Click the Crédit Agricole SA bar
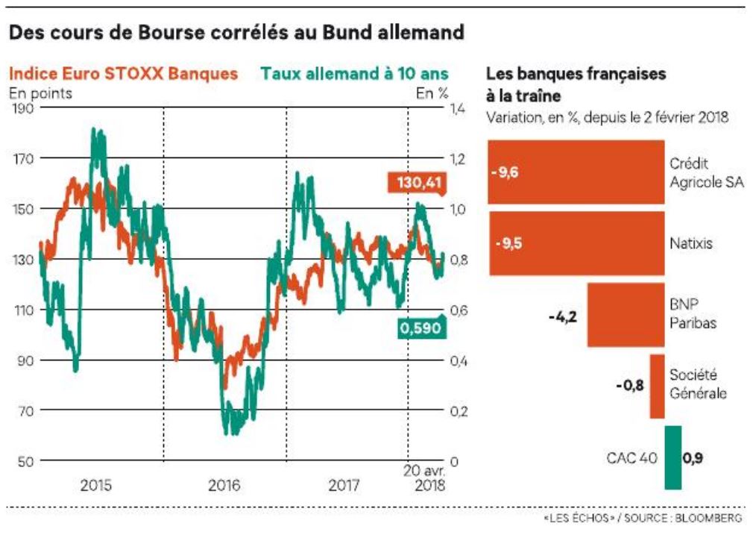pyautogui.click(x=576, y=172)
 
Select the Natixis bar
pyautogui.click(x=576, y=243)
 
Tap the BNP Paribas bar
pyautogui.click(x=626, y=315)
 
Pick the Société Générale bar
pyautogui.click(x=657, y=386)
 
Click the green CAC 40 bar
pyautogui.click(x=672, y=457)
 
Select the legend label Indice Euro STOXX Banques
pyautogui.click(x=124, y=74)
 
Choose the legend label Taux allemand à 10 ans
pyautogui.click(x=355, y=74)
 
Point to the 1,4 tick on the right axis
pyautogui.click(x=456, y=109)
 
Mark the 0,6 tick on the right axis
pyautogui.click(x=456, y=310)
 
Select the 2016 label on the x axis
pyautogui.click(x=224, y=486)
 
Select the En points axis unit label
pyautogui.click(x=40, y=93)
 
